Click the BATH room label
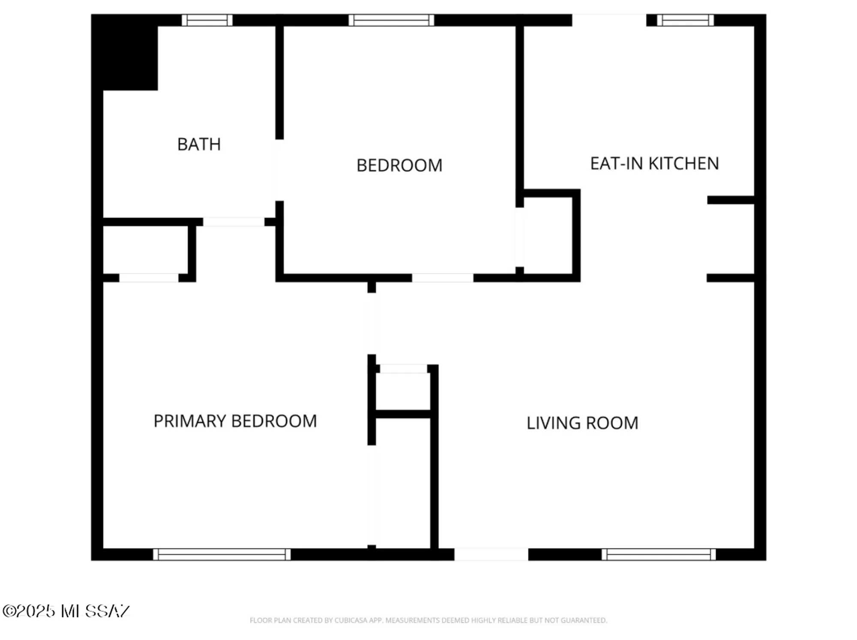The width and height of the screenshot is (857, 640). pos(199,144)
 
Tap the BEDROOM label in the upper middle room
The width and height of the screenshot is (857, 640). pos(399,165)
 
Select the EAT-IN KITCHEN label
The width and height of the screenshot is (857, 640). pos(654,163)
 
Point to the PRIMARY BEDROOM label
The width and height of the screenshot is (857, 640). pos(235,421)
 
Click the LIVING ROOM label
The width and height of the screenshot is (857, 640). pos(582,423)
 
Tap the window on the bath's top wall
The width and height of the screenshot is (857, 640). pos(207,20)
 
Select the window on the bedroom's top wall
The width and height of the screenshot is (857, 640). pos(391,20)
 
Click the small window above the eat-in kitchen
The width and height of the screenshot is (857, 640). pos(685,20)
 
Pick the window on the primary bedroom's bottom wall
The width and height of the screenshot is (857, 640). pos(222,554)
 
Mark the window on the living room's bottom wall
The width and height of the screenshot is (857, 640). pos(658,554)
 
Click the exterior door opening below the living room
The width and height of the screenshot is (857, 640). pos(491,554)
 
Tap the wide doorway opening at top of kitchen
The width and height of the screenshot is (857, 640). pos(609,20)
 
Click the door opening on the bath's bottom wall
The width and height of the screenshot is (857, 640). pos(234,222)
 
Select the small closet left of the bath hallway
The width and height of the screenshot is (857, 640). pos(145,250)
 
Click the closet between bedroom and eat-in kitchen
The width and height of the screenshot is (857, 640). pos(548,235)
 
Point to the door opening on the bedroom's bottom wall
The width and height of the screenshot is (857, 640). pos(442,278)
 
